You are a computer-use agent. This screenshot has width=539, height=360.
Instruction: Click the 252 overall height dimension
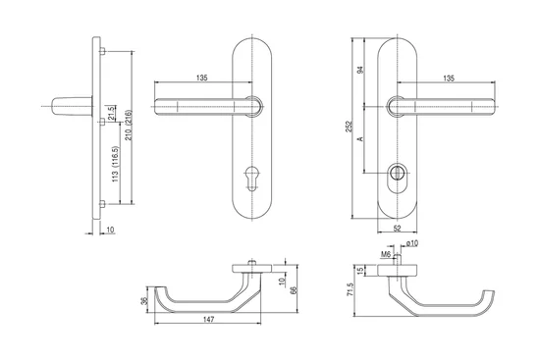coord(350,127)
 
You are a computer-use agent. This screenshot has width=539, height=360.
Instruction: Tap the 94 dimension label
coord(360,70)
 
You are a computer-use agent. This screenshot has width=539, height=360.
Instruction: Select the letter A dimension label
coord(360,138)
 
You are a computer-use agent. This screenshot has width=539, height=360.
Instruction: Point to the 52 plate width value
coord(397,229)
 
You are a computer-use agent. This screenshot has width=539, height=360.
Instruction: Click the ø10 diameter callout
coord(412,243)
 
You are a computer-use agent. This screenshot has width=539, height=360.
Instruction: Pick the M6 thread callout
coord(386,254)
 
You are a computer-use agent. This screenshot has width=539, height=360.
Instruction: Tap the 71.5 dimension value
coord(350,289)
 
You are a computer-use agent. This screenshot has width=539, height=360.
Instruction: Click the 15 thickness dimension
coord(360,271)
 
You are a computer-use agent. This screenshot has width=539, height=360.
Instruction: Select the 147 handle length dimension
coord(208,320)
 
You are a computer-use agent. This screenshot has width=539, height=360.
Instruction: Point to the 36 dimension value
coord(144,301)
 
